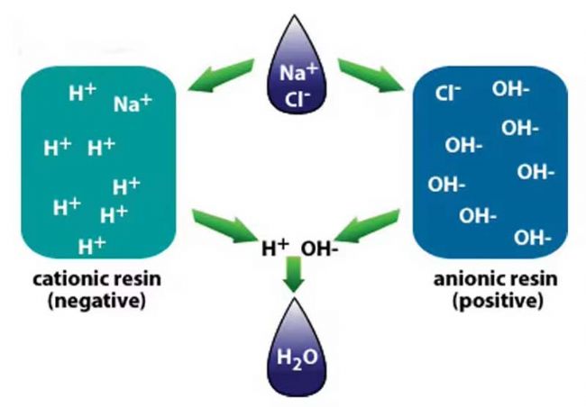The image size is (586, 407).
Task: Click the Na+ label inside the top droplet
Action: pyautogui.click(x=298, y=72)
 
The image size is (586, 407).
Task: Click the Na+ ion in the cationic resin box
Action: pyautogui.click(x=133, y=103)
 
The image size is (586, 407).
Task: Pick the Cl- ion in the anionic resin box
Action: pyautogui.click(x=448, y=93)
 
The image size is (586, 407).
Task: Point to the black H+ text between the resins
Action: pyautogui.click(x=276, y=248)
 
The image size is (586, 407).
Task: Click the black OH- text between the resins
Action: pyautogui.click(x=319, y=249)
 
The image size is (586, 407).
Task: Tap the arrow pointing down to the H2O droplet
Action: pyautogui.click(x=294, y=275)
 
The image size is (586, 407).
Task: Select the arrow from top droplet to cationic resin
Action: pyautogui.click(x=221, y=75)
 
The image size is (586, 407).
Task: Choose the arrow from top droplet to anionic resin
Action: pyautogui.click(x=371, y=75)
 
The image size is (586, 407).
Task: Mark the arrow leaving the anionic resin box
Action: pyautogui.click(x=367, y=225)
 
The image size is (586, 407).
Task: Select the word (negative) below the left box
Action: pyautogui.click(x=96, y=301)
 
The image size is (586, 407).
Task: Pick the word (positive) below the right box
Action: pyautogui.click(x=498, y=301)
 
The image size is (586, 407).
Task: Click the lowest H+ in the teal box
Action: pyautogui.click(x=92, y=246)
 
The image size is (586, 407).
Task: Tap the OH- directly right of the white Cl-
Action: pyautogui.click(x=511, y=89)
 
